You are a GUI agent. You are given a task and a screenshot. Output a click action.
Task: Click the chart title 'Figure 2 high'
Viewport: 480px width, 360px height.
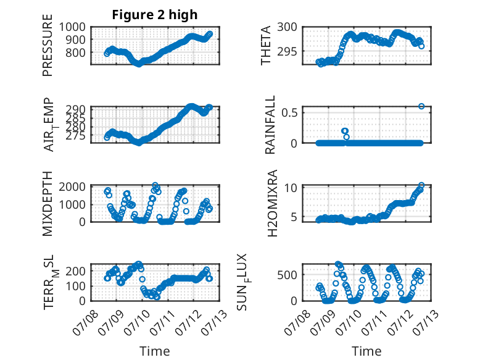155,15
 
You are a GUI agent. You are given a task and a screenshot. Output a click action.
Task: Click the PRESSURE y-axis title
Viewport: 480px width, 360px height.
48,45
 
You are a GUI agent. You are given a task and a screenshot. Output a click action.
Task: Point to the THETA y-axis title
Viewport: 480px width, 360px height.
266,45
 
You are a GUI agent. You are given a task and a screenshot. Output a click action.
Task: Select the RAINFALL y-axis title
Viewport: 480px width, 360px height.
271,125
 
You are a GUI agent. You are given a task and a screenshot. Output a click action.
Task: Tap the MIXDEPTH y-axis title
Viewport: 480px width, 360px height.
48,204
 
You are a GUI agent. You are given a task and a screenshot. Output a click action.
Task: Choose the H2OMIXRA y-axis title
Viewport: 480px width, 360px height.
272,203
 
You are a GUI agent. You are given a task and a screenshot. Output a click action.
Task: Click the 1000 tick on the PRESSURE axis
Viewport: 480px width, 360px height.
72,27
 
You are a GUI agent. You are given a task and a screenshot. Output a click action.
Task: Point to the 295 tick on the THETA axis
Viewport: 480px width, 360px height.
287,51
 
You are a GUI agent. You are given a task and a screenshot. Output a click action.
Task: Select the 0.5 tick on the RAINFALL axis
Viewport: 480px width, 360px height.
289,112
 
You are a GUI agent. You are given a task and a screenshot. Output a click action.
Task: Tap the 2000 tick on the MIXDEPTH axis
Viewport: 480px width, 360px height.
72,186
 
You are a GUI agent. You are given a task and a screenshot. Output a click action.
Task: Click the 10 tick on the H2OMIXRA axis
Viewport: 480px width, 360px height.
291,188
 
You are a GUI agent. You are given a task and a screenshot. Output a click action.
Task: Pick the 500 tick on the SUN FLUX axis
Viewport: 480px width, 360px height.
287,275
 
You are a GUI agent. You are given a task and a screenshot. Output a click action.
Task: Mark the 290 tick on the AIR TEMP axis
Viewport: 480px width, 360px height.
76,109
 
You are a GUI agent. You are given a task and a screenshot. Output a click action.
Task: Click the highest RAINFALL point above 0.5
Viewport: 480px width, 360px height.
421,106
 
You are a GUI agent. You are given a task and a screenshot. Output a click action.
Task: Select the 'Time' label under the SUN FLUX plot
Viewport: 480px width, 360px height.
366,351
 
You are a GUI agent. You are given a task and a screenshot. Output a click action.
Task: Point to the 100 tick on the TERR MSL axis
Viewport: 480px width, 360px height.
76,286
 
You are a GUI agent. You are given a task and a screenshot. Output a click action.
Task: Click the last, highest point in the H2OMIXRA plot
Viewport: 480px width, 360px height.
421,185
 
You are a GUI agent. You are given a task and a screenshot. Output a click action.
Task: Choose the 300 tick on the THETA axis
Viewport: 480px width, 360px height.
287,27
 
